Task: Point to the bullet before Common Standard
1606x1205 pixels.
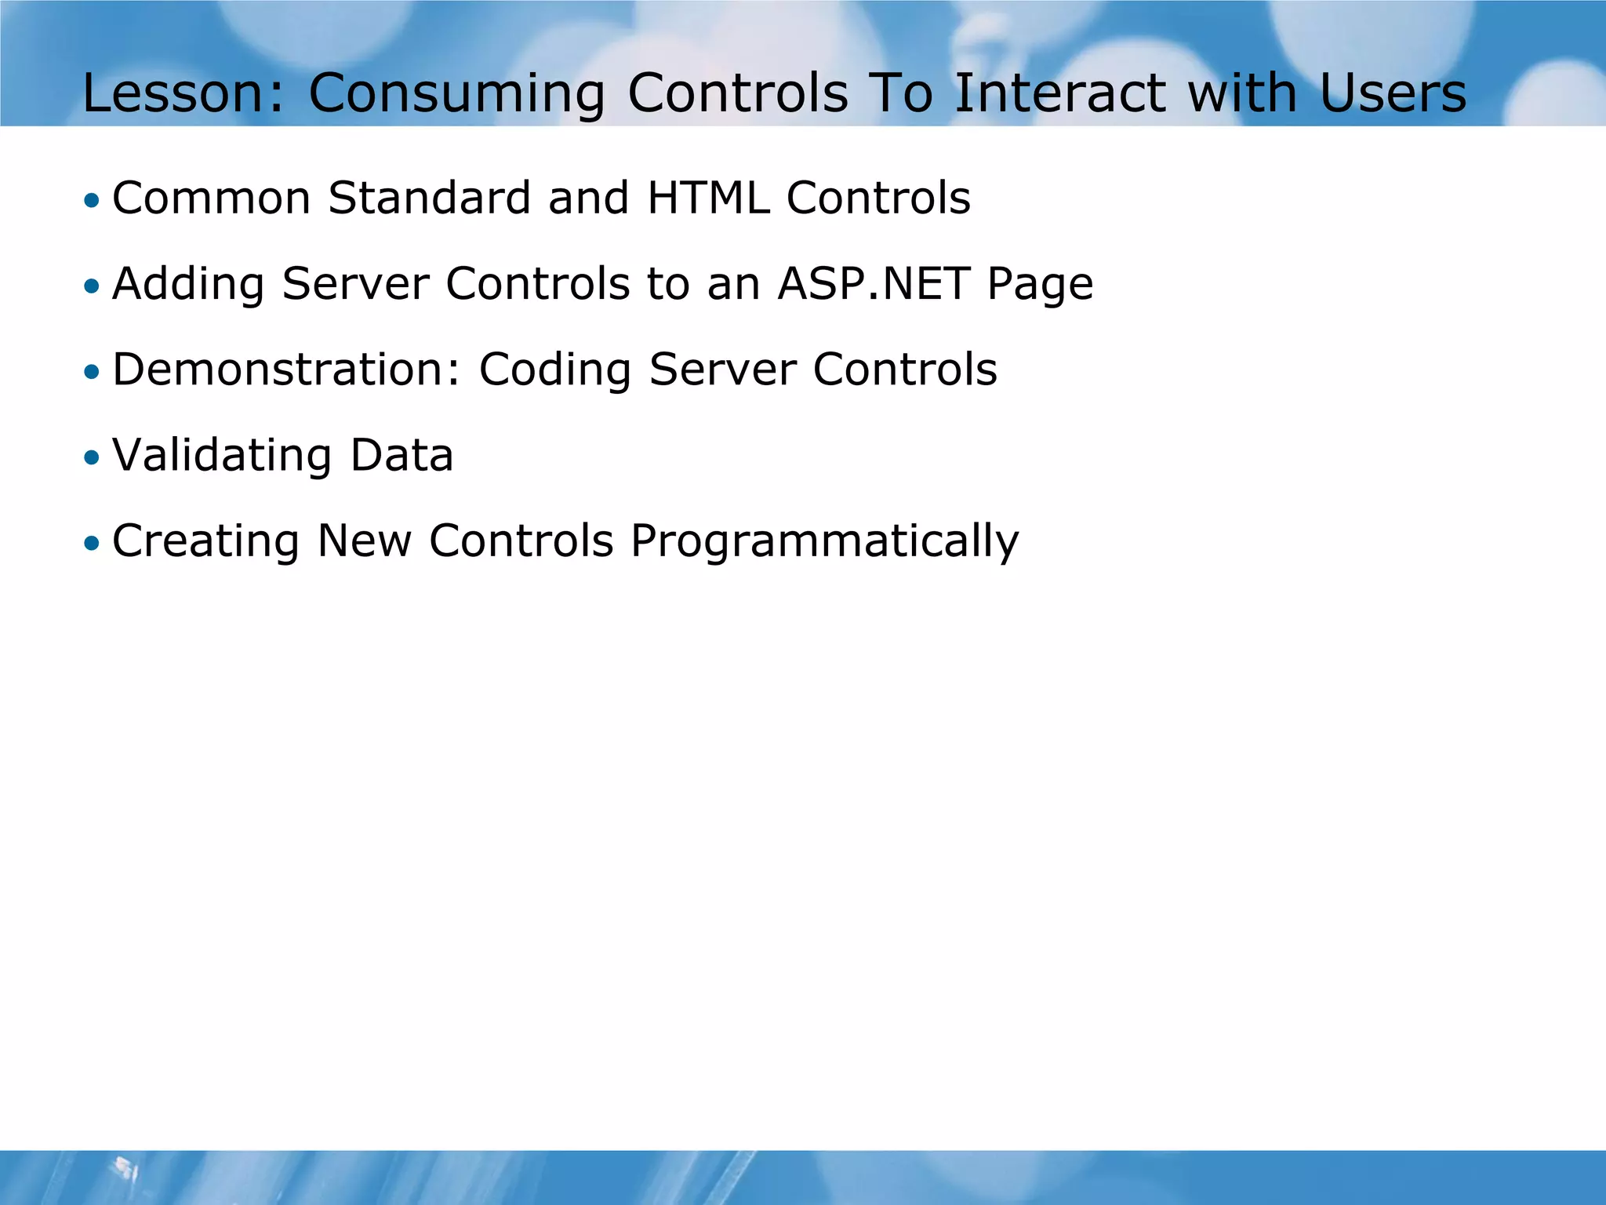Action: (93, 201)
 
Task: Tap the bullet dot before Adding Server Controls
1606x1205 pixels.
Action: (93, 286)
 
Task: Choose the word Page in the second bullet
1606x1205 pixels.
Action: (1040, 284)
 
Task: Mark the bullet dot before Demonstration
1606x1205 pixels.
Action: (93, 372)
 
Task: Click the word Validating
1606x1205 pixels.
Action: (222, 455)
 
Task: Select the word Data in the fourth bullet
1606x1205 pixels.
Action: (401, 455)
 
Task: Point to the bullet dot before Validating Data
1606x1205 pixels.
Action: (93, 458)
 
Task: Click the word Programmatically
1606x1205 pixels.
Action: (824, 541)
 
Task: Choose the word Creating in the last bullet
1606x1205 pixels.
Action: (205, 541)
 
